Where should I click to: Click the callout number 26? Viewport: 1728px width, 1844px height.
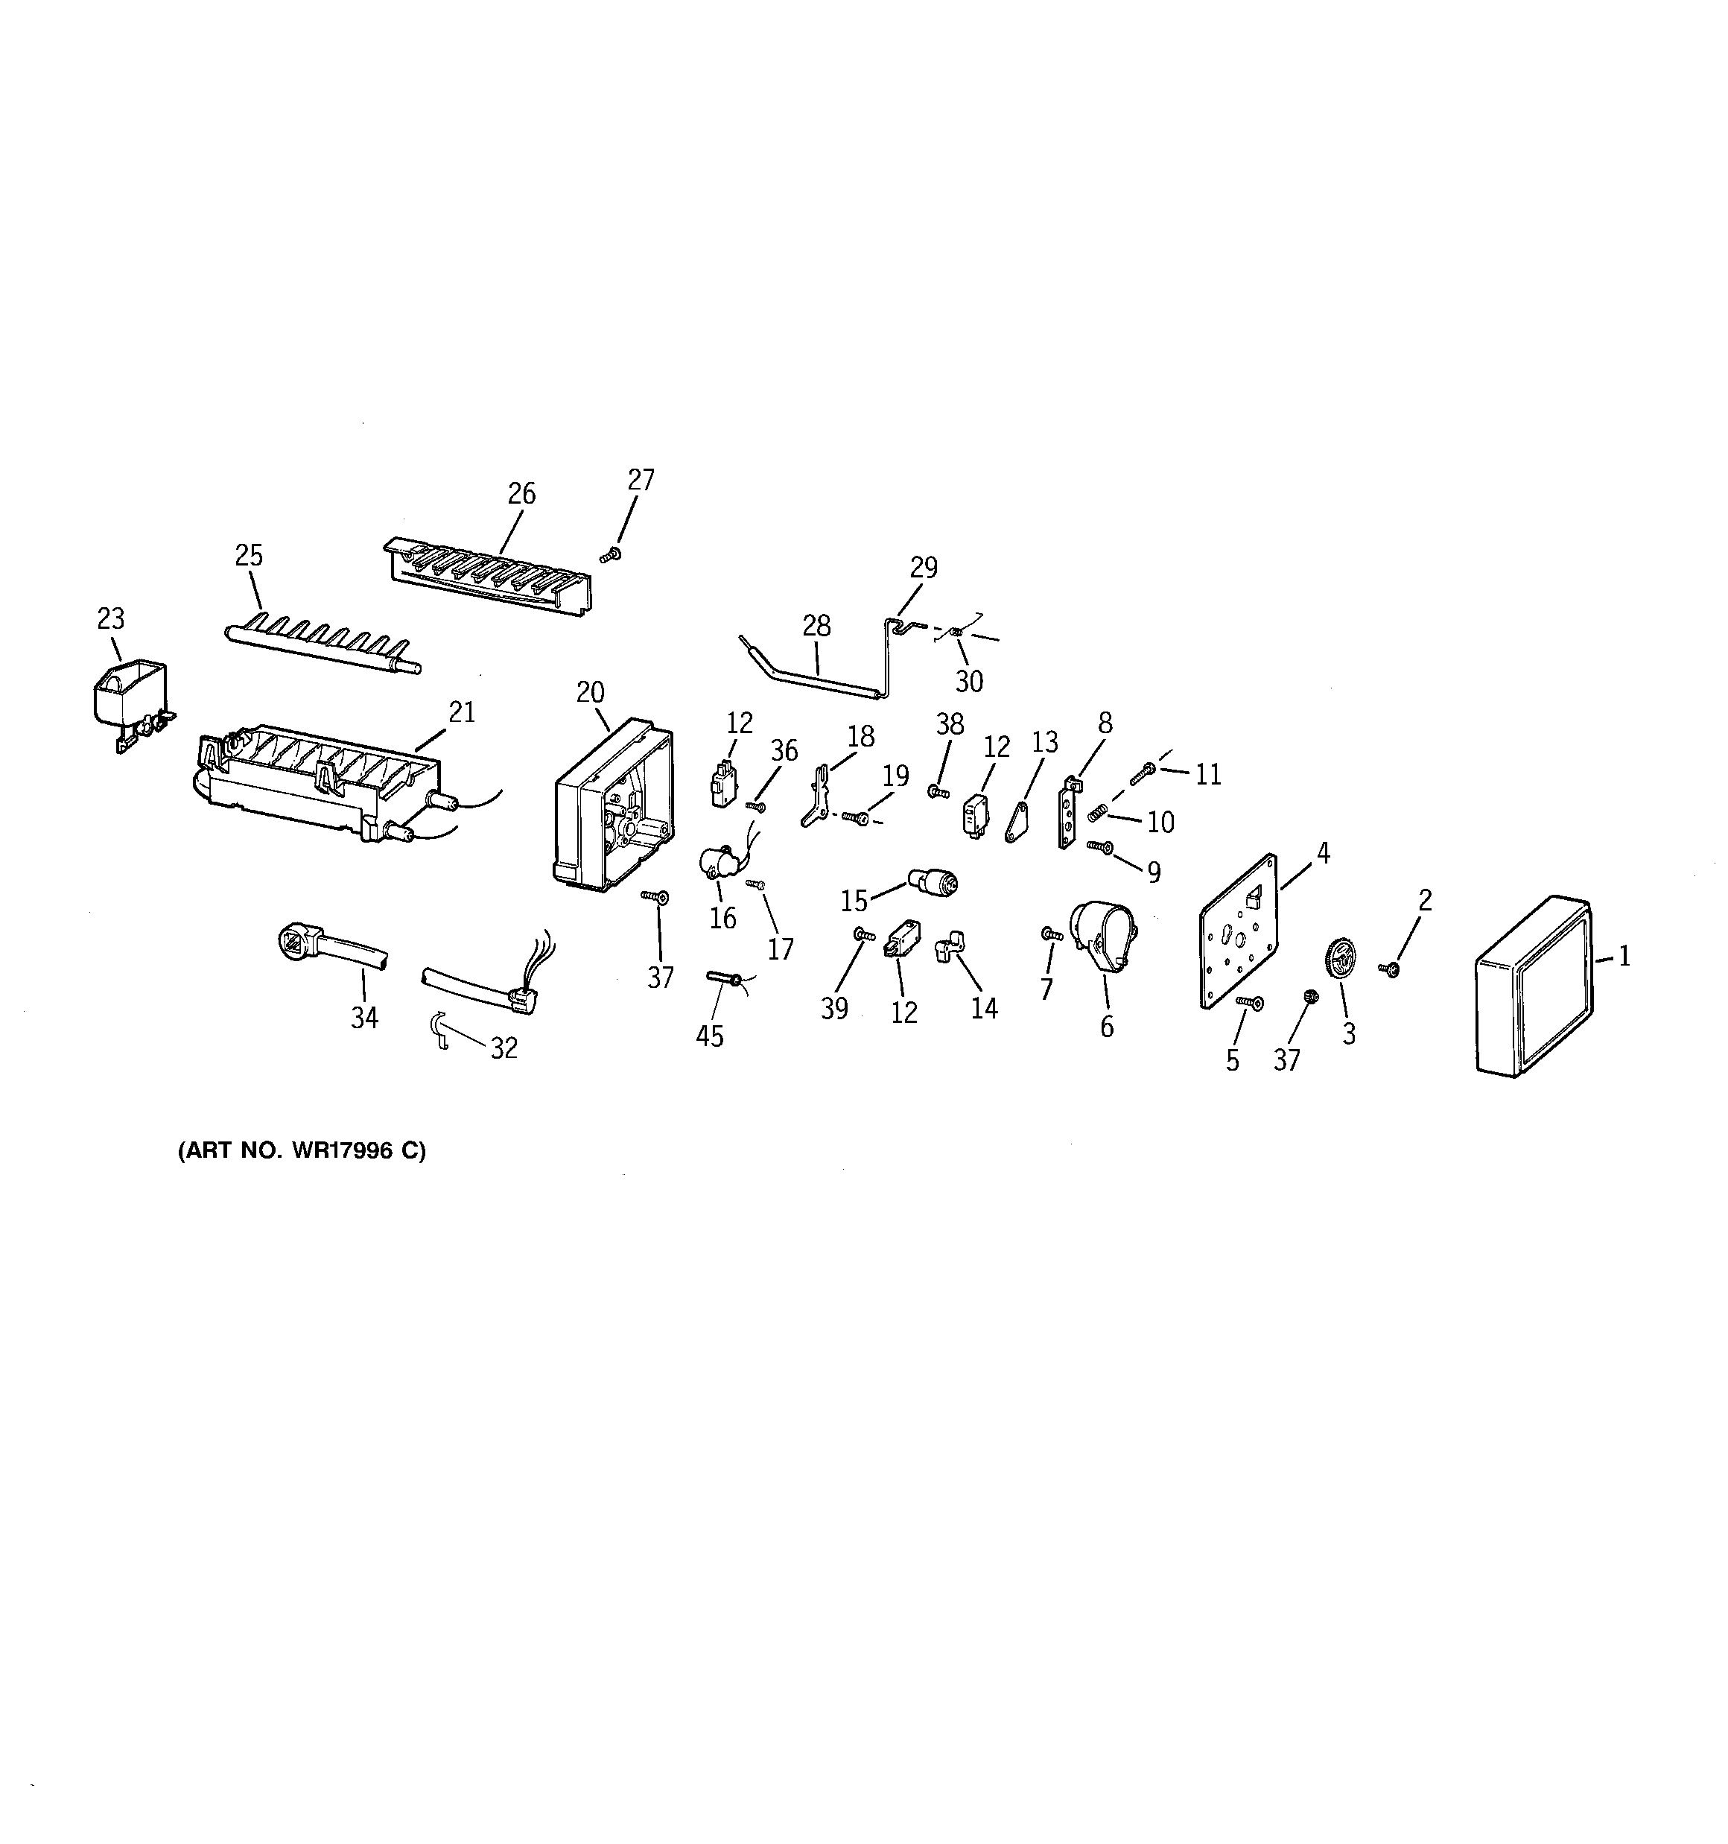click(x=521, y=493)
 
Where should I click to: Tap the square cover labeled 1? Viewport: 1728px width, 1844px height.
click(x=1532, y=987)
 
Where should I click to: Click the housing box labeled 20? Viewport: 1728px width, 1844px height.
click(x=613, y=805)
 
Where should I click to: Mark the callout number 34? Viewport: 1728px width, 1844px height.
click(x=364, y=1018)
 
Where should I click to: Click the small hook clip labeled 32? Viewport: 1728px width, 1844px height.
click(x=442, y=1029)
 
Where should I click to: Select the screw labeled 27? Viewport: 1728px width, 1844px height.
click(x=610, y=554)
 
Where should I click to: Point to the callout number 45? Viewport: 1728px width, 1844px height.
click(x=710, y=1036)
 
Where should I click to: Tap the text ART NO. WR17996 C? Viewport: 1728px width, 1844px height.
click(x=302, y=1151)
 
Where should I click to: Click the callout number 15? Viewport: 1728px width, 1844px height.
click(x=854, y=900)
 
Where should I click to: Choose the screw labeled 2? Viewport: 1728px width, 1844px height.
click(x=1391, y=969)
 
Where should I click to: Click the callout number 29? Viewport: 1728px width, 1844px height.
click(x=923, y=567)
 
